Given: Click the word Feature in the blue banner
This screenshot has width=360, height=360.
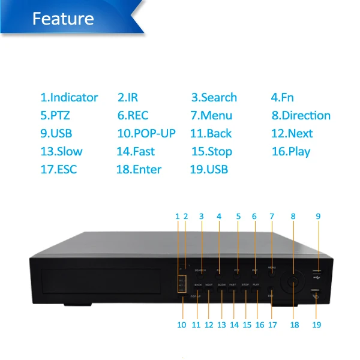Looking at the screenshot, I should coord(63,18).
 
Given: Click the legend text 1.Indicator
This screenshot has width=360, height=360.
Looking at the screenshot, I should coord(69,97).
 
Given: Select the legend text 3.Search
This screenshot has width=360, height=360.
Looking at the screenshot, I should coord(214,97).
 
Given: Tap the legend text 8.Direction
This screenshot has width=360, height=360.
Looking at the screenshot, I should coord(301,115).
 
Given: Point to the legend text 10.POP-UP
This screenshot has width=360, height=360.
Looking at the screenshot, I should coord(146,133).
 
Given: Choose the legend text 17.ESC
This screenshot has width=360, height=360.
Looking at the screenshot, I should coord(59,169).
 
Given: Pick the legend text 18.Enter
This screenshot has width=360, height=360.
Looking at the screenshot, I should coord(139,169).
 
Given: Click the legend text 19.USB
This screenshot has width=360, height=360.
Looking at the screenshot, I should coord(209,169).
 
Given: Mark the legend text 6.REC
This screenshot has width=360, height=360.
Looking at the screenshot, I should coord(133,115).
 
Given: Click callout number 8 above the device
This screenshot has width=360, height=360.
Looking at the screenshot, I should coord(293,217).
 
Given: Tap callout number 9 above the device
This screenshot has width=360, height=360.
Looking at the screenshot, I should coord(319,217).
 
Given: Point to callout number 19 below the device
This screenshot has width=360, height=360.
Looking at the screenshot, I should coord(316,325).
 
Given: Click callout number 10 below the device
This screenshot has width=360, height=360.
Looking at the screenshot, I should coord(182,325).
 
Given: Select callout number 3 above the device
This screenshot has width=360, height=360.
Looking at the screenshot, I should coord(201,217).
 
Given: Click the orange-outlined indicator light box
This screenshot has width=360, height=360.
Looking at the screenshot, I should coord(181,284).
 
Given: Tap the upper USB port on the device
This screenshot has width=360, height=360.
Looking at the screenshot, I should coord(316,272).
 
